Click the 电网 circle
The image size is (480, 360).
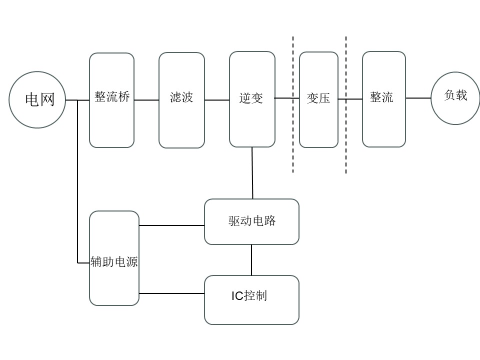38,99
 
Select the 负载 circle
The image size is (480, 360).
455,98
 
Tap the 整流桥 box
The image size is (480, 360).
111,100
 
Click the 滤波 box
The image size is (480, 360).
181,100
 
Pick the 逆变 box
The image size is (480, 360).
252,99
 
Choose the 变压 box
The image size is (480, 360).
318,99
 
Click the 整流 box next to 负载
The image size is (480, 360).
383,99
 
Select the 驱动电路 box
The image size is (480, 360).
251,221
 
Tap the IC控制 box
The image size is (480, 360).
251,299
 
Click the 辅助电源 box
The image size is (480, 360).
114,258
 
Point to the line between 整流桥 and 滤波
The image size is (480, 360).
146,100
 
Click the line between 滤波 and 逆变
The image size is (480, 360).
217,100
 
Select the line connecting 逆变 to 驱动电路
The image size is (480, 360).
252,173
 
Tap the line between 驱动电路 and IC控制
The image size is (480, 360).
251,260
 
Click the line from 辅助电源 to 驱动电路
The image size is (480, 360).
171,225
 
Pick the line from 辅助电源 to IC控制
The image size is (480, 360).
171,293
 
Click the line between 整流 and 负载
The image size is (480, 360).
418,98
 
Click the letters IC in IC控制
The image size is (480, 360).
236,296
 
